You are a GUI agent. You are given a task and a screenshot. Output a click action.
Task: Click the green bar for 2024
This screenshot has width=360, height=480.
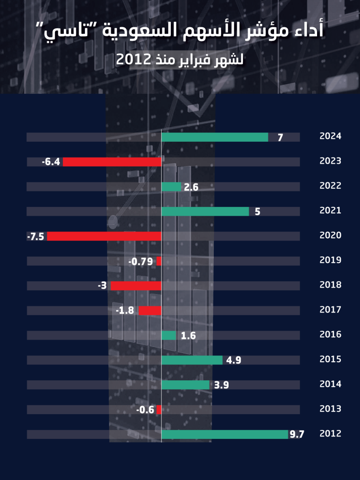[215, 137]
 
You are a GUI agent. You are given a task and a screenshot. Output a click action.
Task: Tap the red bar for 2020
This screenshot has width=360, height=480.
[104, 236]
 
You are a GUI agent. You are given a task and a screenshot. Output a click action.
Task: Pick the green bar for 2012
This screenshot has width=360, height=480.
[225, 434]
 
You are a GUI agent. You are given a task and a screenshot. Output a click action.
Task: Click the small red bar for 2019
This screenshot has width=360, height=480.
[159, 261]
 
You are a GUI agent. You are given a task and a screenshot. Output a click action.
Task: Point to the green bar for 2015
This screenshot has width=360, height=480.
[192, 360]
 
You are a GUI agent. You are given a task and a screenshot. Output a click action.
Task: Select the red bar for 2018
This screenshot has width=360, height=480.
[136, 286]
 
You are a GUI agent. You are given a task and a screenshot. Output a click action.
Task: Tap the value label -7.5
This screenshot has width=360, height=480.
[36, 237]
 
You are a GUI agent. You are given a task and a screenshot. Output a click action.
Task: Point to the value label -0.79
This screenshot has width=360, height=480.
[141, 261]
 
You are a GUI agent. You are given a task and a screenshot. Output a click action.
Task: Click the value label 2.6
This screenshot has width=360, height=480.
[191, 187]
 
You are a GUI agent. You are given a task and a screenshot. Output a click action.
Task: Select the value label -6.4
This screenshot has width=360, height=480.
[51, 162]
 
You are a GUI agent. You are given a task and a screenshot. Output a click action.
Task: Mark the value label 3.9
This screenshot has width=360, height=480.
[222, 385]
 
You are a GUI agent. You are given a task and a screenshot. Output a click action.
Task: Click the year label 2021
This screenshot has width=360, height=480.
[331, 211]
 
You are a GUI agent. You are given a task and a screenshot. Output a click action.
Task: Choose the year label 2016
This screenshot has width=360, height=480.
[331, 335]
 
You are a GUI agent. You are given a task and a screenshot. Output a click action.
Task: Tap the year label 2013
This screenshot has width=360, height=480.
[331, 409]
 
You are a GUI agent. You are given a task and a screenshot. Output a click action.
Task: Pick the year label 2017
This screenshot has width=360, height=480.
[331, 310]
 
